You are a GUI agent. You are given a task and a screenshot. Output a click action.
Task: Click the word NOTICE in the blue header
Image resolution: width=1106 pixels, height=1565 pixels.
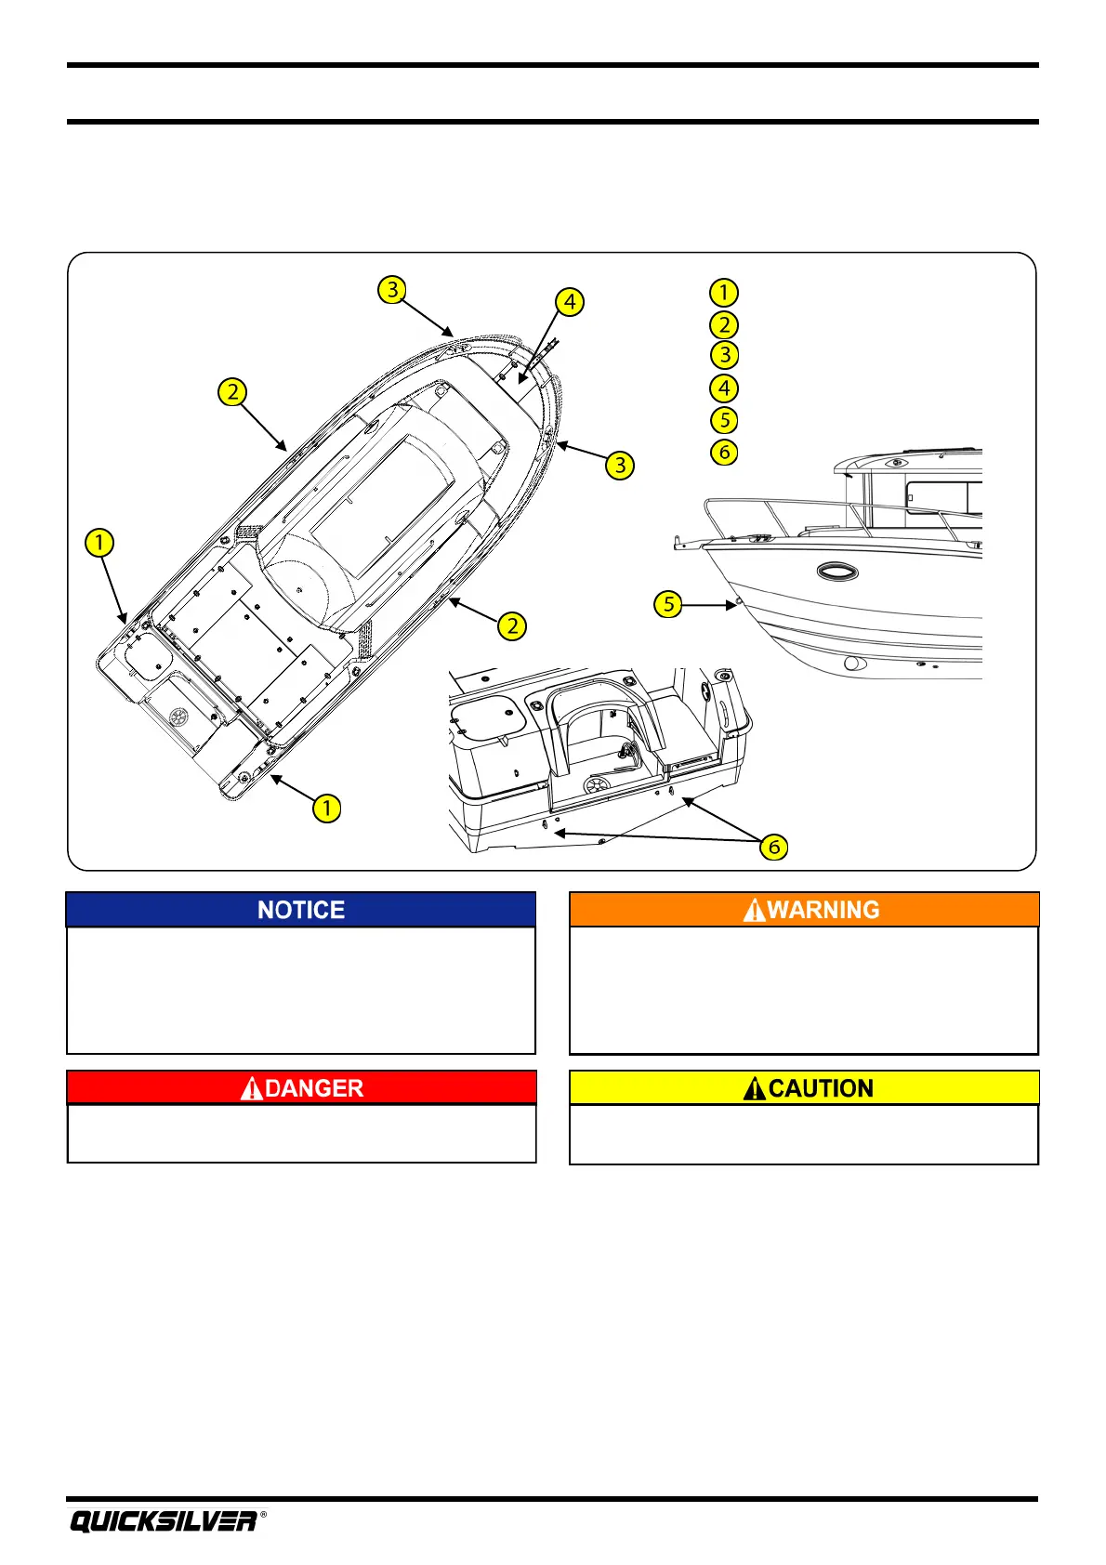(x=301, y=910)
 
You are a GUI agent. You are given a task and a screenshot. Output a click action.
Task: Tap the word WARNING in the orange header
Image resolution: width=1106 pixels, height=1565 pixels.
(x=823, y=910)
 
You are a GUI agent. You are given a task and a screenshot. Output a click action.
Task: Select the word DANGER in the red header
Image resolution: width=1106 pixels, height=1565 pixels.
(x=314, y=1088)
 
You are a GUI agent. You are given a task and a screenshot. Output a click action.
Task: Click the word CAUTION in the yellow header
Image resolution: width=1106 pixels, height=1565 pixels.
(x=821, y=1088)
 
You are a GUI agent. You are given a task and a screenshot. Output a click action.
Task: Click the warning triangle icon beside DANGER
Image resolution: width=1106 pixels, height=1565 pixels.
(x=251, y=1088)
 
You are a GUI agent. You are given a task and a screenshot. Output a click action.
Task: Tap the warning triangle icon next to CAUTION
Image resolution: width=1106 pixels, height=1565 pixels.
(x=755, y=1088)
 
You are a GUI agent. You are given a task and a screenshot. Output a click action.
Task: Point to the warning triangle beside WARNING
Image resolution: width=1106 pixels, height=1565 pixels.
(x=755, y=910)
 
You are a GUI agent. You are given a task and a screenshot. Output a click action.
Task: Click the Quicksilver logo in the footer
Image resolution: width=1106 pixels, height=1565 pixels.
(x=164, y=1521)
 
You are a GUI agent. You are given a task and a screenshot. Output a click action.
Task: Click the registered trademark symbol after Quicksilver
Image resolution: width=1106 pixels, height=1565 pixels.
(x=263, y=1515)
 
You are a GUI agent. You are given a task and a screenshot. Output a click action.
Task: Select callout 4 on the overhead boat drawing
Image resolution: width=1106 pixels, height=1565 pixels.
(x=570, y=302)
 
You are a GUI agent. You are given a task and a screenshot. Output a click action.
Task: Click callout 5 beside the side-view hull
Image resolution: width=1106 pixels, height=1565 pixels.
(x=668, y=604)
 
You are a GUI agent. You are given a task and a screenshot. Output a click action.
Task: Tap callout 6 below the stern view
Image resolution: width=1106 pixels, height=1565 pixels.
(x=773, y=847)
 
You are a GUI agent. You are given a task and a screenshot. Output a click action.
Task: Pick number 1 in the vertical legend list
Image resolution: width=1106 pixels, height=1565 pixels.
(x=724, y=293)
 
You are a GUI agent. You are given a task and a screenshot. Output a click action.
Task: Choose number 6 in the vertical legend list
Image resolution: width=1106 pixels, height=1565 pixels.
(x=724, y=453)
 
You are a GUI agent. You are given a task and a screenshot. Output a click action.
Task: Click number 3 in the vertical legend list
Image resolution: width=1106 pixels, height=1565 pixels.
(x=724, y=355)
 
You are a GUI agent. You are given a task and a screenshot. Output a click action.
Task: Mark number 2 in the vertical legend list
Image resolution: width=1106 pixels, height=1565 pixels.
(x=724, y=324)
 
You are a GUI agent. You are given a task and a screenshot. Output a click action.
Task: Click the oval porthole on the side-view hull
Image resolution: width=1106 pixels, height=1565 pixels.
(x=836, y=571)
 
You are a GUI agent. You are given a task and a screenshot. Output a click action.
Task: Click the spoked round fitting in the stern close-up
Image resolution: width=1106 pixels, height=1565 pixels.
(x=595, y=788)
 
